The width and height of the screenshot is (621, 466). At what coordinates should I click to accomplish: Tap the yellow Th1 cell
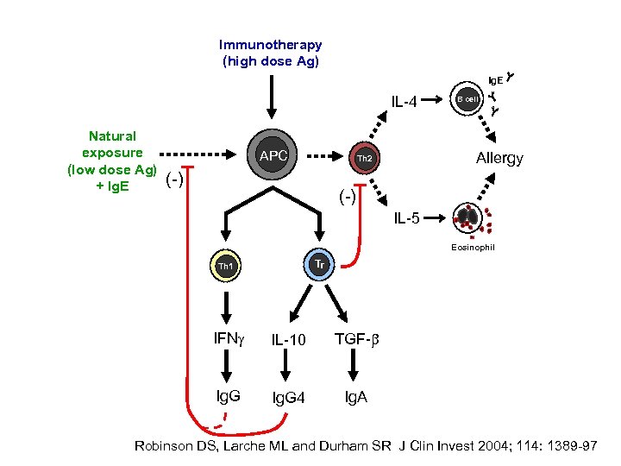226,268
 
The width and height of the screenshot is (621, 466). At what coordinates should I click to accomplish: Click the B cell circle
468,99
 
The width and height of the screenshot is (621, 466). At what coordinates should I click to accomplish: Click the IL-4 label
404,103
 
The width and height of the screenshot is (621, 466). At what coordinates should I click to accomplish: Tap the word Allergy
499,159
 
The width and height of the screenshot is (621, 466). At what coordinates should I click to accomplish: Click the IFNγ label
229,338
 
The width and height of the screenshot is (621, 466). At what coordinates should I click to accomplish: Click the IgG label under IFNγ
228,396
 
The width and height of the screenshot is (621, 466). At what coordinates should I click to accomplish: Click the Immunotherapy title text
270,45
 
